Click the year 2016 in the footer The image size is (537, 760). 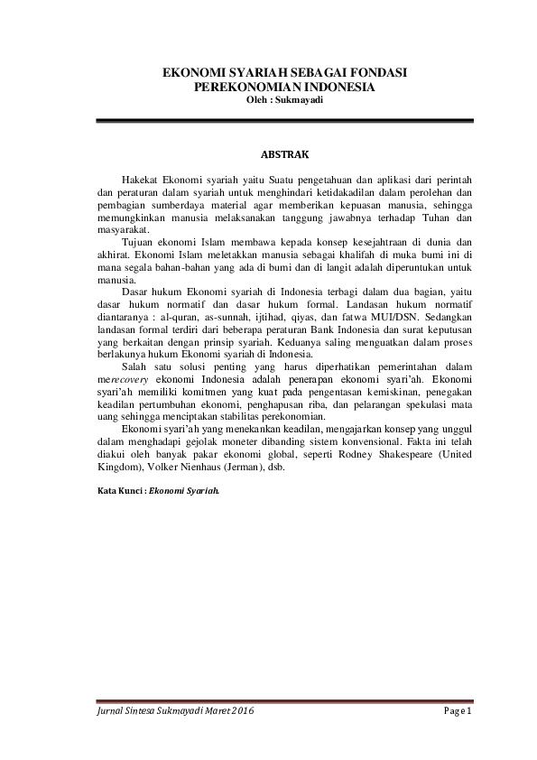click(x=241, y=712)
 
